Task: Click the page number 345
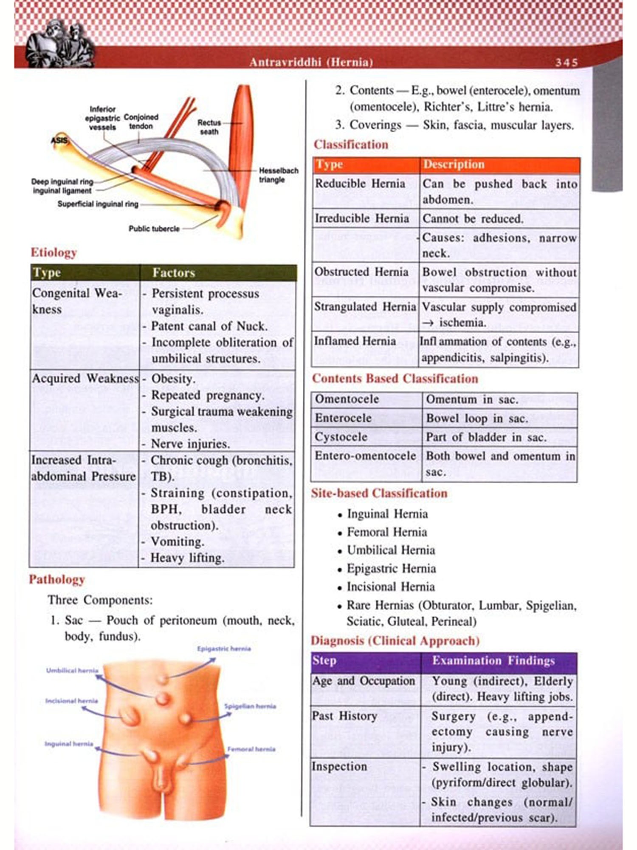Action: coord(567,62)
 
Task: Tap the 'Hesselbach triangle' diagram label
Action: coord(278,175)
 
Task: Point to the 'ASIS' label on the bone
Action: coord(59,140)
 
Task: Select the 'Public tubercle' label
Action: coord(154,229)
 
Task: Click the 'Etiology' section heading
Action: coord(54,252)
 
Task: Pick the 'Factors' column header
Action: coord(174,273)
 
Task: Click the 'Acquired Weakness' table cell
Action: coord(85,378)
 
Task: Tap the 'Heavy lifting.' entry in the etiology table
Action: coord(187,558)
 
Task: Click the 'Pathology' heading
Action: coord(57,580)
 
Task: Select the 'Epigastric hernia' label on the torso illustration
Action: coord(224,649)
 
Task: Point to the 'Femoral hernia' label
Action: coord(251,749)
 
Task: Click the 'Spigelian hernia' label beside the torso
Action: coord(250,706)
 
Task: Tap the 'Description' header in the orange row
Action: coord(453,164)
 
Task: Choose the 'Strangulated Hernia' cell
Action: coord(365,306)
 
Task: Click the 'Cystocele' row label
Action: coord(341,437)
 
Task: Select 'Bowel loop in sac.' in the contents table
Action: coord(477,419)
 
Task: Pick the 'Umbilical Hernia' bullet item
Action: coord(391,550)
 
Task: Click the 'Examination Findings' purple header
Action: coord(493,661)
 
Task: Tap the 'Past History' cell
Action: coord(344,716)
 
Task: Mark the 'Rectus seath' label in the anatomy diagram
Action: coord(209,127)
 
